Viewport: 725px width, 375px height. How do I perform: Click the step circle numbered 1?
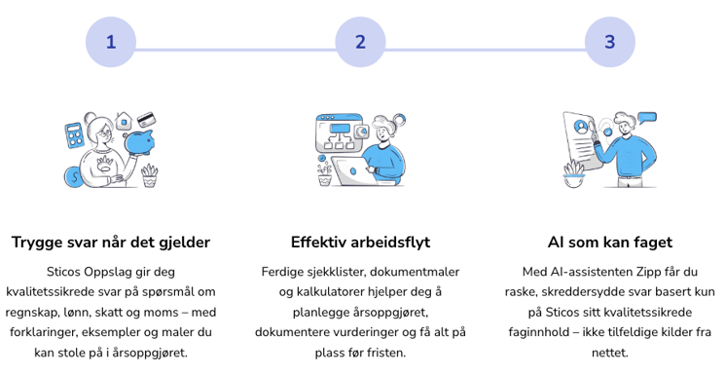[x=111, y=42]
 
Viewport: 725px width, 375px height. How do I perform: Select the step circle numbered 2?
[x=360, y=42]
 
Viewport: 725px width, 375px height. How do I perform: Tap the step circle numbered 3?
[x=609, y=42]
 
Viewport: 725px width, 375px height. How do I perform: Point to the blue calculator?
[x=74, y=135]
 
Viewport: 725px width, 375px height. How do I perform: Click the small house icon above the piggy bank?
[x=125, y=121]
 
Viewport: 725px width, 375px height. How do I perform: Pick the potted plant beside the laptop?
[x=325, y=173]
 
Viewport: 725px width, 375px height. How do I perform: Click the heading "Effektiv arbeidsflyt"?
[x=360, y=243]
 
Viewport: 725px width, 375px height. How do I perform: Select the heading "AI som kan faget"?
[x=609, y=243]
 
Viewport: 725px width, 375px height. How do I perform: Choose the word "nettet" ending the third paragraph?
[x=609, y=353]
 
